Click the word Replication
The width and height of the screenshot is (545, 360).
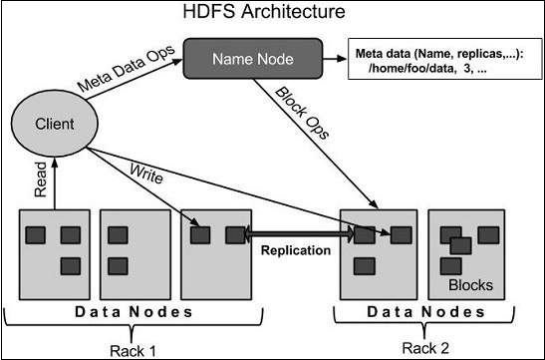click(295, 250)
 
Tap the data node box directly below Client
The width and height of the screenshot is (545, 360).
click(51, 254)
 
